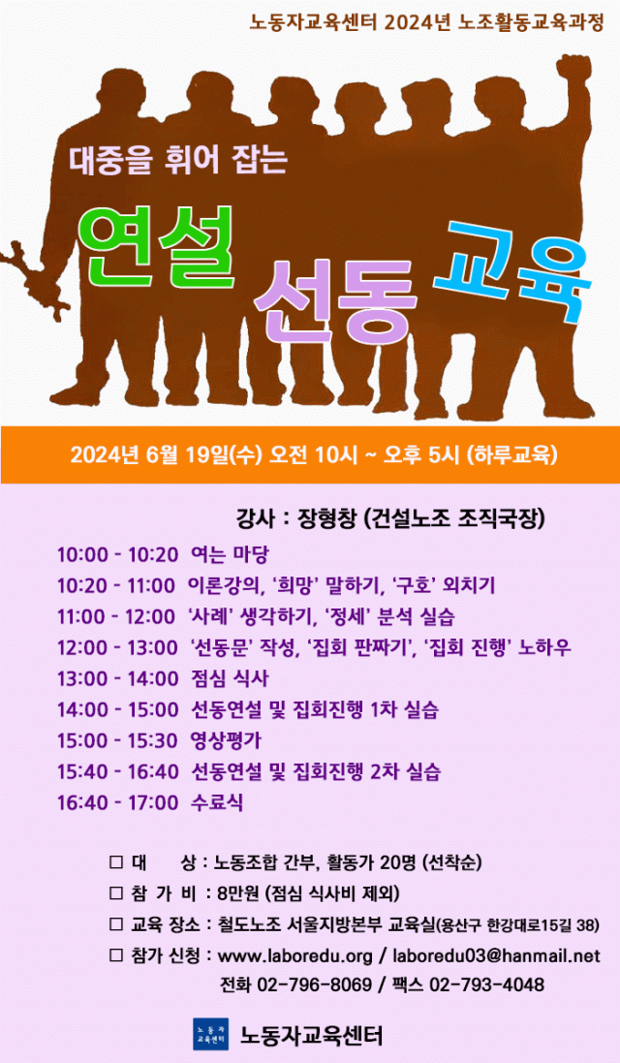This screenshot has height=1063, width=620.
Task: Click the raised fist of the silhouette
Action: pyautogui.click(x=573, y=72)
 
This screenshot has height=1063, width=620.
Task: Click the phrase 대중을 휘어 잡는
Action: pyautogui.click(x=179, y=160)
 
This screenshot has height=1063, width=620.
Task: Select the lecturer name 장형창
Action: pyautogui.click(x=327, y=519)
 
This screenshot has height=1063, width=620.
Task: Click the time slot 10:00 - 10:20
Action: pyautogui.click(x=117, y=554)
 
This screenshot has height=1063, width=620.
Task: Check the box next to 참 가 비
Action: pyautogui.click(x=116, y=892)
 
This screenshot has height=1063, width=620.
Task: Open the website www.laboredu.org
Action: pyautogui.click(x=295, y=955)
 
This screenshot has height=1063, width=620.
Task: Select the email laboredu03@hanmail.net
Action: pyautogui.click(x=496, y=955)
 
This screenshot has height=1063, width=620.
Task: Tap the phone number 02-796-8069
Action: pyautogui.click(x=315, y=985)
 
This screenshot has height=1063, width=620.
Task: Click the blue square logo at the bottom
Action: pyautogui.click(x=211, y=1035)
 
